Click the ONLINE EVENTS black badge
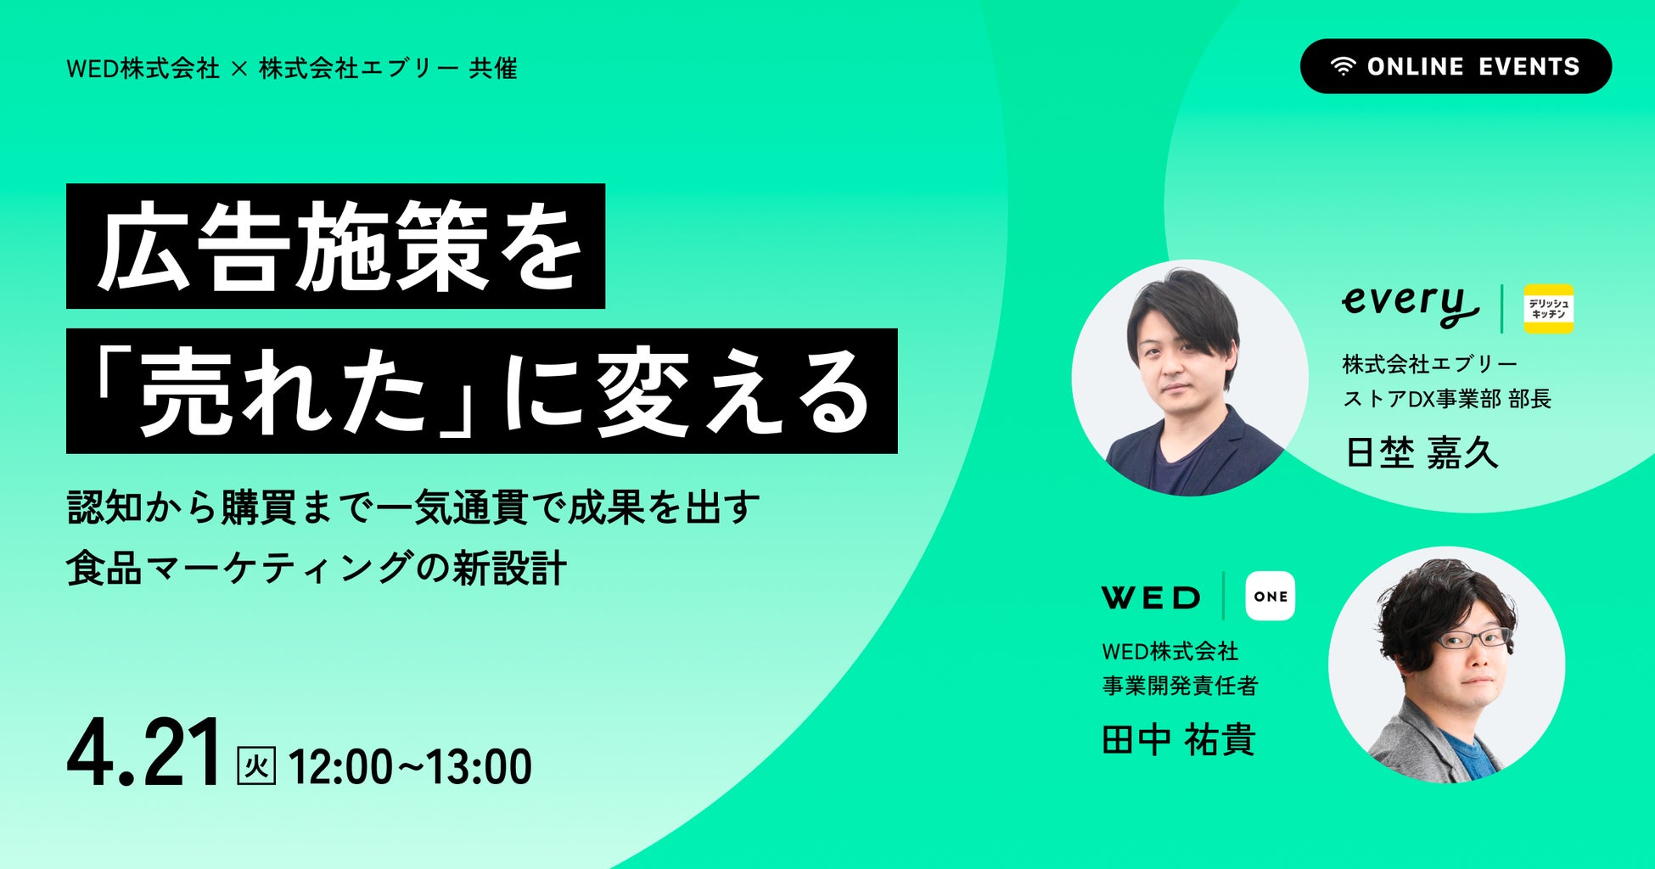pos(1456,66)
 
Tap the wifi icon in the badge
pos(1343,67)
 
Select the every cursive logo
pos(1409,306)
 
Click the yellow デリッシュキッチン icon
pos(1548,308)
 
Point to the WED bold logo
pos(1151,597)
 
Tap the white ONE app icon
pos(1270,597)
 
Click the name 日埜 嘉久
pos(1422,452)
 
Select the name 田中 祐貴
pos(1178,740)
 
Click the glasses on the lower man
pos(1473,638)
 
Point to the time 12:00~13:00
pos(411,766)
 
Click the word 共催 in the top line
pos(493,68)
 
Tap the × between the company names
pos(239,69)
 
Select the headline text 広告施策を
pos(339,246)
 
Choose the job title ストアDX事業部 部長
pos(1446,398)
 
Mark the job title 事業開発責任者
pos(1180,686)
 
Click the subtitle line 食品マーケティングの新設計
pos(316,569)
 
